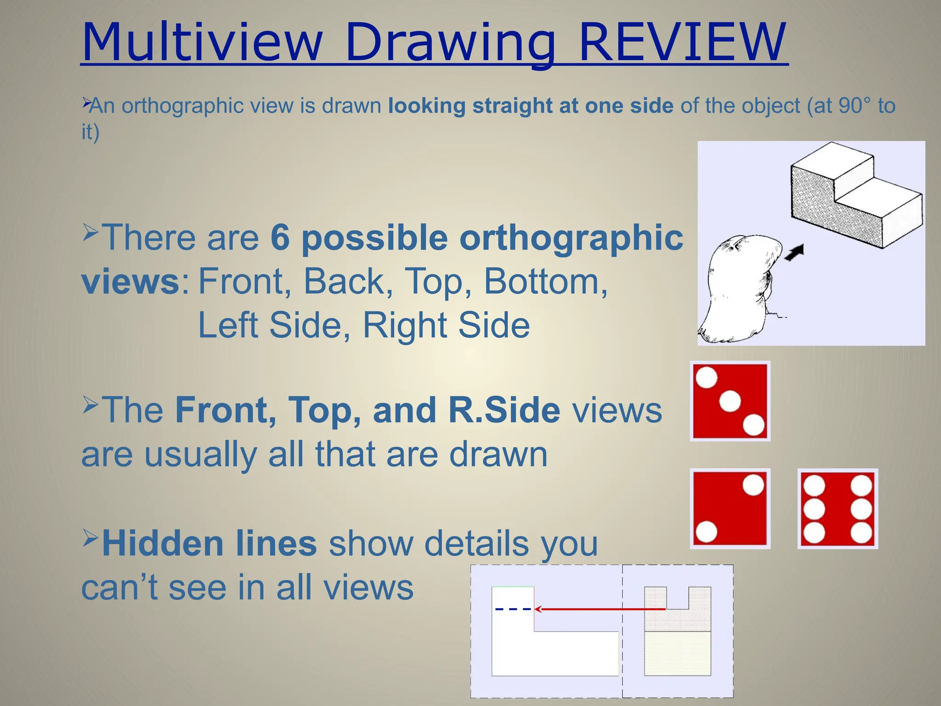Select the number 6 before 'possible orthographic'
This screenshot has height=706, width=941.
pos(280,238)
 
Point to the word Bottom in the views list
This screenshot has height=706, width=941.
pos(545,281)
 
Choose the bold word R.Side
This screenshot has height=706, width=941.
pos(504,410)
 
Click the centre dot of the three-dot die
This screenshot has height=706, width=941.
pos(730,401)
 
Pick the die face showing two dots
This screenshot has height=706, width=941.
pos(730,509)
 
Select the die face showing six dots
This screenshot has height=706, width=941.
pos(838,509)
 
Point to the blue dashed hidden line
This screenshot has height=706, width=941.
pos(513,609)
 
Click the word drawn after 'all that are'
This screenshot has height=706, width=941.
pos(498,455)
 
